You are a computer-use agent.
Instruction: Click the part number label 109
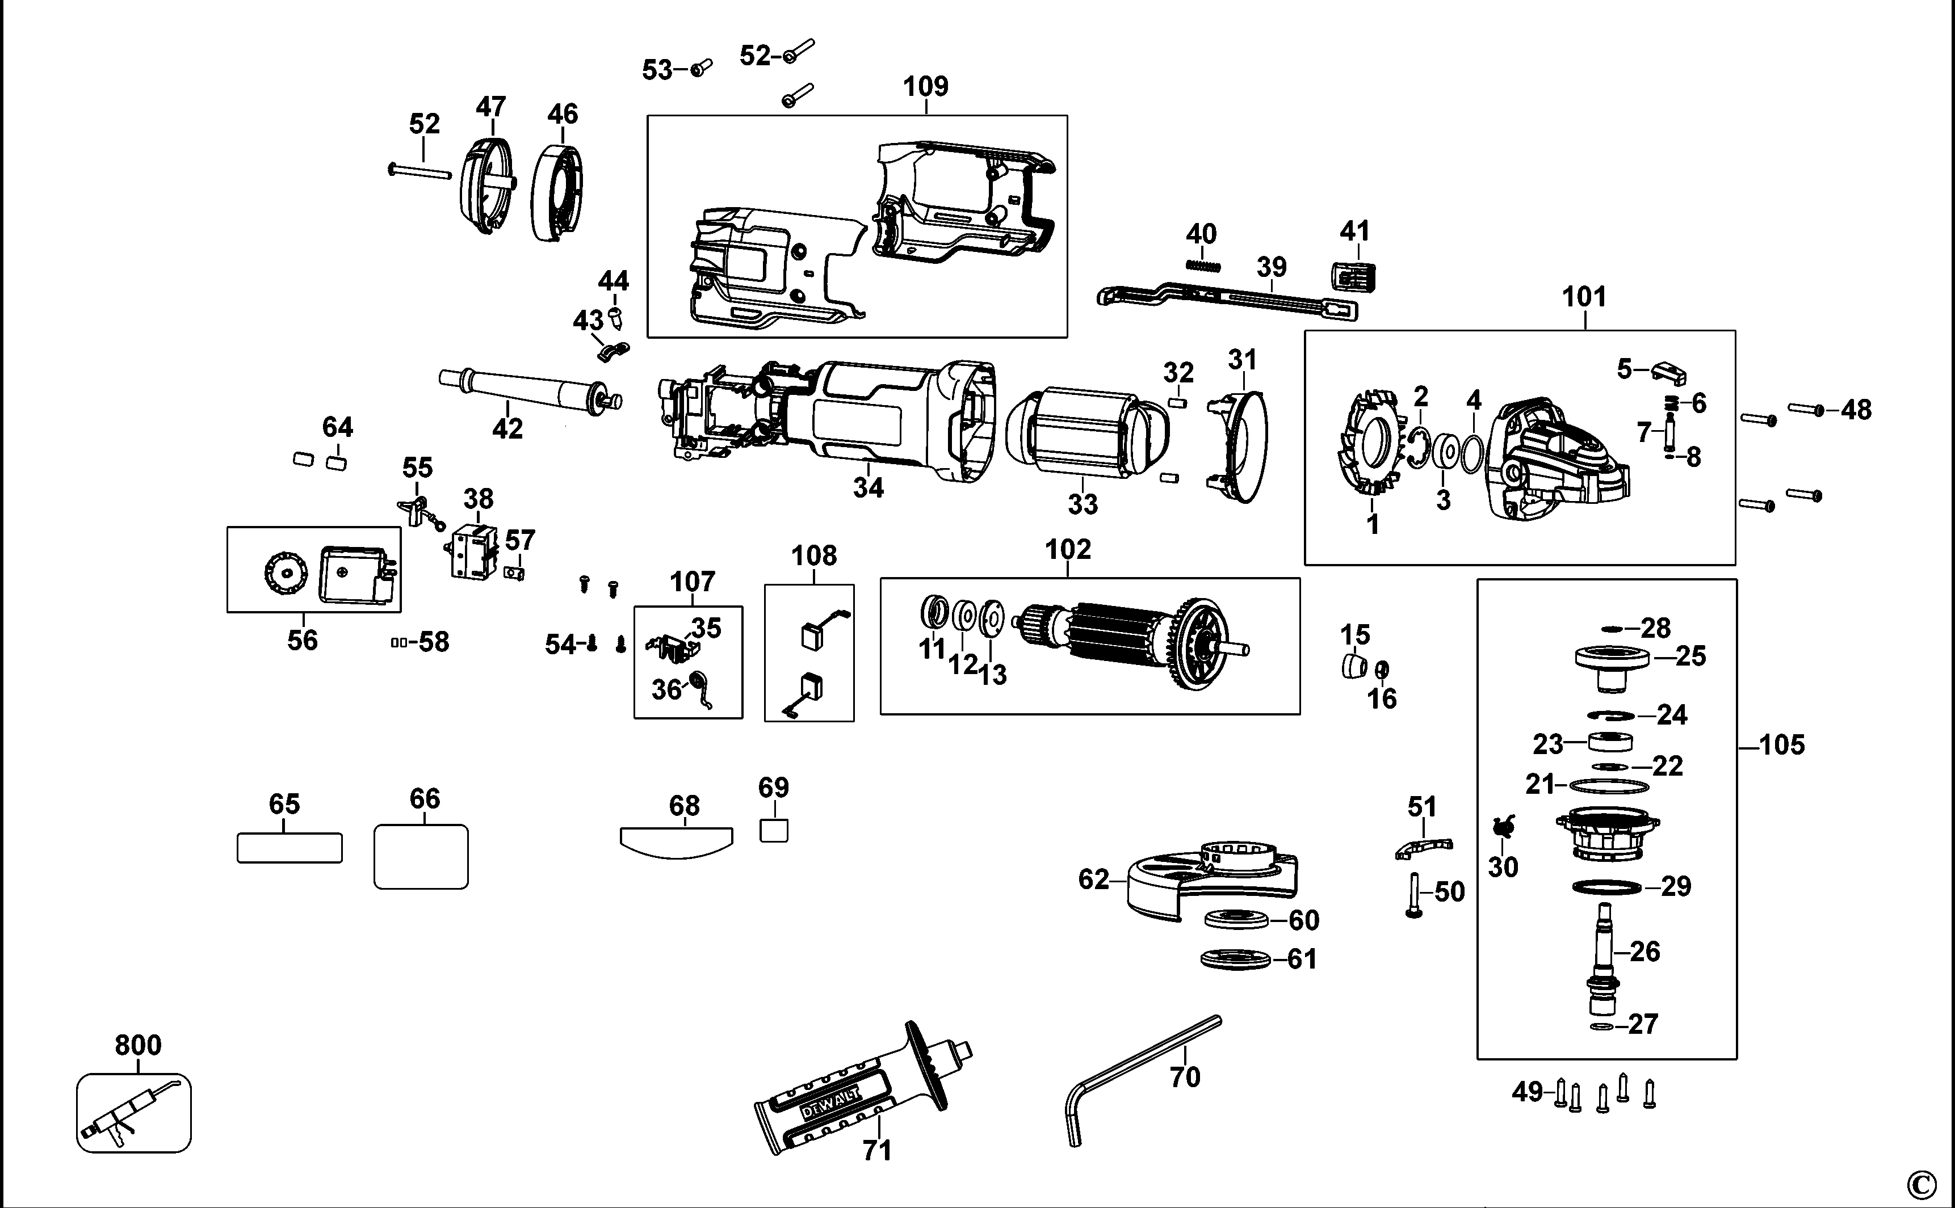point(925,86)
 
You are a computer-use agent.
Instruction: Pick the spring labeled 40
point(1203,265)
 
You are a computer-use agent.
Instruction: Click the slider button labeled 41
point(1353,276)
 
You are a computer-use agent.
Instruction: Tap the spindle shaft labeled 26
point(1603,951)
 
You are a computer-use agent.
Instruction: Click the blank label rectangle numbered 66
point(421,856)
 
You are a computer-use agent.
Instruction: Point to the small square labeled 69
point(774,831)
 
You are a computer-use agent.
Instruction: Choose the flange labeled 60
point(1235,920)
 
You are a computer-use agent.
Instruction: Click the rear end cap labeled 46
point(556,192)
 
